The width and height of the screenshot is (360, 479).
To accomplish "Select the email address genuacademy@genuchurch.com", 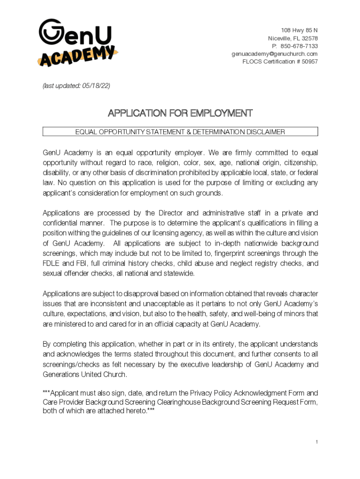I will pyautogui.click(x=274, y=54).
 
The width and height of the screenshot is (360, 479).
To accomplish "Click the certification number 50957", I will pyautogui.click(x=309, y=61).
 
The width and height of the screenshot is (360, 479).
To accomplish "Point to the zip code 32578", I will pyautogui.click(x=308, y=38).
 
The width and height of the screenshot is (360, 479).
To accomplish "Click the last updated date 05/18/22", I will pyautogui.click(x=97, y=86).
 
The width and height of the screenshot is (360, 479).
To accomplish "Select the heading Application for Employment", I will pyautogui.click(x=180, y=113).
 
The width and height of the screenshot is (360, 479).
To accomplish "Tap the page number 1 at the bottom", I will pyautogui.click(x=317, y=442).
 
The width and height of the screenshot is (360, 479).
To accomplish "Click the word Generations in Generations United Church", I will pyautogui.click(x=62, y=375).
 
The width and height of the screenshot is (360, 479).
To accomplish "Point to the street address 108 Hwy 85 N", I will pyautogui.click(x=299, y=30).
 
